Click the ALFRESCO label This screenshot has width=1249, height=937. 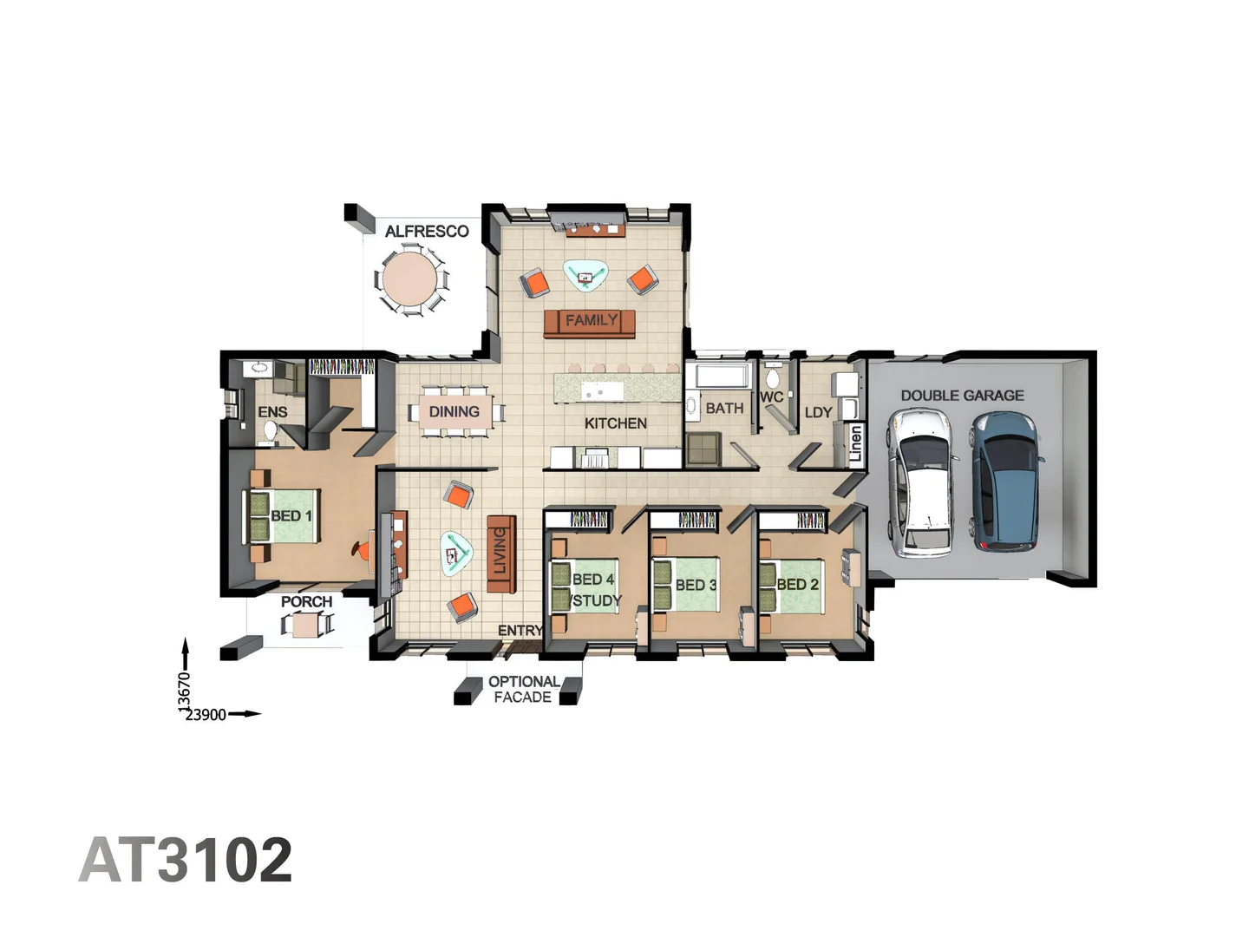coord(427,232)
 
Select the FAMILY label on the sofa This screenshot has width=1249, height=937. coord(592,320)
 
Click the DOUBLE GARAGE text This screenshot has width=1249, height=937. coord(962,396)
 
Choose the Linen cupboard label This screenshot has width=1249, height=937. coord(856,443)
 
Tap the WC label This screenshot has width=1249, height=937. coord(771,396)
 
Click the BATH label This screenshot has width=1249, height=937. coord(724,408)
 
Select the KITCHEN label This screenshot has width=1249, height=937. coord(615,423)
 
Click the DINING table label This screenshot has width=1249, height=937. coord(454,412)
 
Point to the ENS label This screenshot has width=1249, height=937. coord(272,412)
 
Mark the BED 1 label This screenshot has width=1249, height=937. coord(291,516)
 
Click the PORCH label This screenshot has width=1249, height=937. coord(306,601)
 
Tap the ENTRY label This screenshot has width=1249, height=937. coord(520,631)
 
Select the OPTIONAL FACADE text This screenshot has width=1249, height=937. coord(523,689)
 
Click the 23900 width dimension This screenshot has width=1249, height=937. coord(206,715)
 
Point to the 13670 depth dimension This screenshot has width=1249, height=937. coord(184,692)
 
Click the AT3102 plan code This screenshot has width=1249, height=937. coord(186,860)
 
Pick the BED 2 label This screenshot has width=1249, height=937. coord(797,585)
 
